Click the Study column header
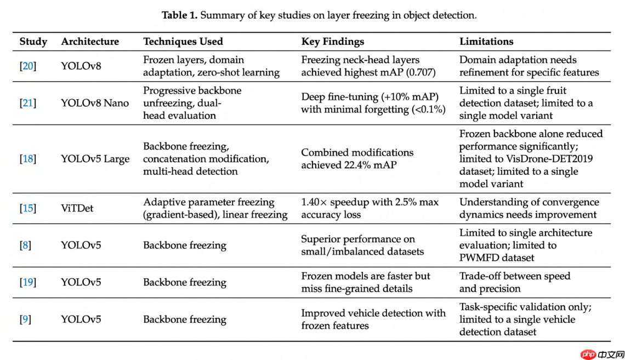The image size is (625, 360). [33, 42]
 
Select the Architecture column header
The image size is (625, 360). [90, 42]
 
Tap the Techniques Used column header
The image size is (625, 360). [183, 42]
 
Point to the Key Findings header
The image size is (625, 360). [333, 42]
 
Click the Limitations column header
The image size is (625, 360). [486, 42]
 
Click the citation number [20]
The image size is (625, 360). [28, 66]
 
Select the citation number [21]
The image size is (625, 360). [28, 103]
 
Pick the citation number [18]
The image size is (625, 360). [28, 159]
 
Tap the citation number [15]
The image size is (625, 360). [28, 208]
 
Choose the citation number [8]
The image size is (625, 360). [25, 245]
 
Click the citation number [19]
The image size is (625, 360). [28, 282]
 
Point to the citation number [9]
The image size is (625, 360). [25, 319]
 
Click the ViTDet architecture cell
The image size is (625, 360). [77, 208]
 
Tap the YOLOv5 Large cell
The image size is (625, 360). [95, 159]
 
